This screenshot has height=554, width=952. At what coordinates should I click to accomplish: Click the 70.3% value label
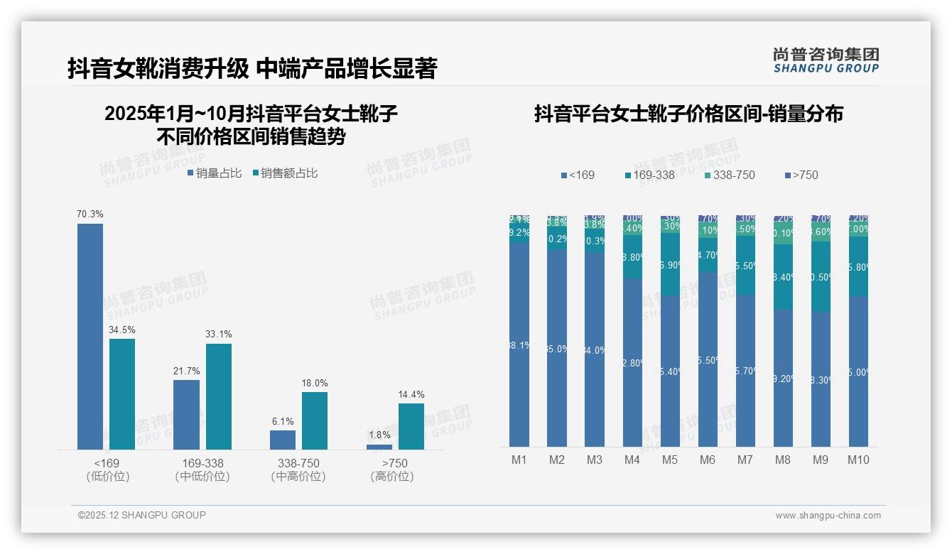coord(90,214)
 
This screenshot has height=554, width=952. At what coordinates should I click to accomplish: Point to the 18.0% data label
coord(315,383)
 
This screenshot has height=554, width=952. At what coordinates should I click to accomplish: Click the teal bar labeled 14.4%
coord(411,426)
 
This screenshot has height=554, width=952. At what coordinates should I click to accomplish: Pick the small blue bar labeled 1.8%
coord(379,447)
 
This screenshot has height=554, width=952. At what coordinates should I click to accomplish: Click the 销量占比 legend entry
coord(214,173)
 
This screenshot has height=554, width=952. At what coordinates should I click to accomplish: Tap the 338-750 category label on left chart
coord(298,463)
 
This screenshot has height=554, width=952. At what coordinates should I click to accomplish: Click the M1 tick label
coord(519,460)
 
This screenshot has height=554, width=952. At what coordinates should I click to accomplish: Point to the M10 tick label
coord(858,460)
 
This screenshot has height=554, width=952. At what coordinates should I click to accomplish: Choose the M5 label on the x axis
coord(670,460)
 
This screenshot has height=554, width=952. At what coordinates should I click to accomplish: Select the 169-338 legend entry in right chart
coord(649,175)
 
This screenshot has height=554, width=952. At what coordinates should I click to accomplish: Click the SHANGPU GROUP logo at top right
coord(826,60)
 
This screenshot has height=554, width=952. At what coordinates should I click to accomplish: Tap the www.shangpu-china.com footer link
coord(828,516)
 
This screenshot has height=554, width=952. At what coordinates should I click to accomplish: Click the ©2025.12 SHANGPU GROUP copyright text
coord(142,515)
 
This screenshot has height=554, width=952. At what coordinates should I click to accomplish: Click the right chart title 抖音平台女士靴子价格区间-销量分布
coord(688,114)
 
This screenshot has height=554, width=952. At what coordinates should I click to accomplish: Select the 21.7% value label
coord(186,371)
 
